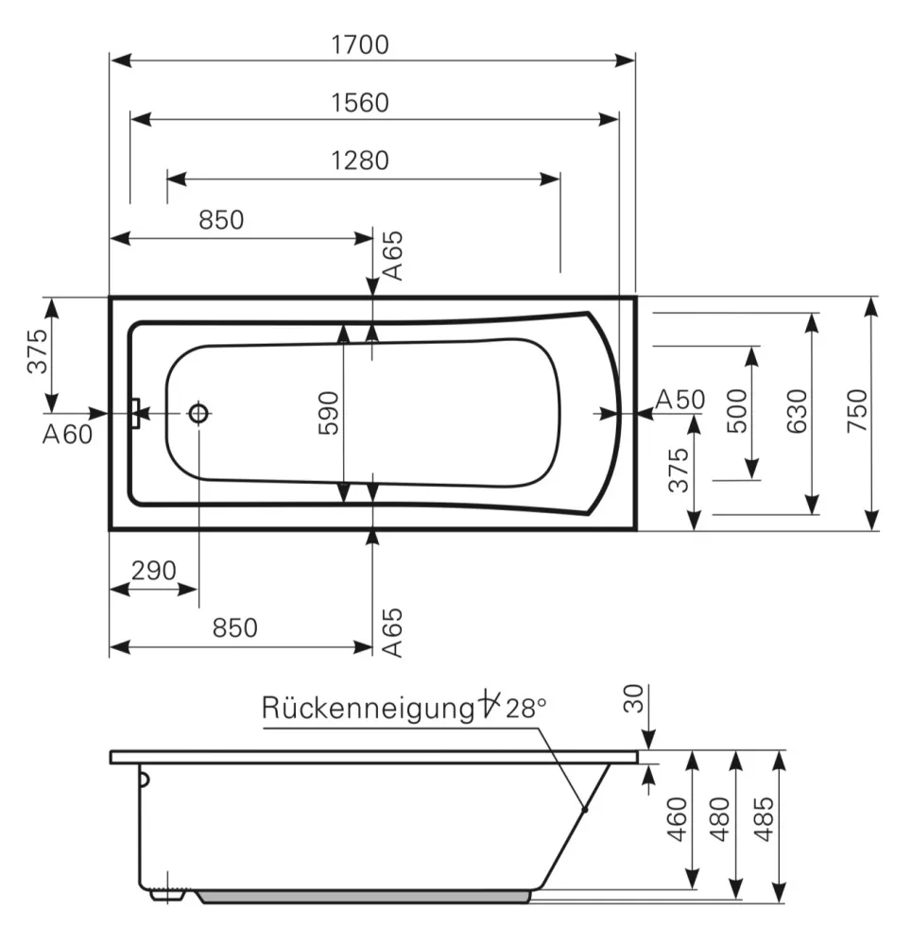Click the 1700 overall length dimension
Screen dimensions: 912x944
(x=360, y=45)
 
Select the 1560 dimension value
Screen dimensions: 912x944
(x=360, y=103)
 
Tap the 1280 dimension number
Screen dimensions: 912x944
(x=360, y=161)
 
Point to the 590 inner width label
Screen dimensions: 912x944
(x=329, y=413)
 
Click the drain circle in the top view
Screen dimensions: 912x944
(x=198, y=414)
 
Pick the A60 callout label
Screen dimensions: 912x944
(x=67, y=435)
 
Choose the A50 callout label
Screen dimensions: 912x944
(x=680, y=399)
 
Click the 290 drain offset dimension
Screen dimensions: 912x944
(x=153, y=570)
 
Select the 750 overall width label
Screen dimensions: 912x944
(x=857, y=411)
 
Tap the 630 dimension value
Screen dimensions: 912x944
(x=797, y=411)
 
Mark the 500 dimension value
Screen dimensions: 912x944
(x=737, y=411)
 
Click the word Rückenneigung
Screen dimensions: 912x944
(x=369, y=709)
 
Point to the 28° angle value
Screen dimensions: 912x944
(x=525, y=709)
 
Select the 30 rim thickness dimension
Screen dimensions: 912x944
(x=633, y=698)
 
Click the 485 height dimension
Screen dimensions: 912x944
(x=764, y=819)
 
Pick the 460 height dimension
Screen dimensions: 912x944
(x=678, y=819)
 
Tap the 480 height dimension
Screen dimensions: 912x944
(x=720, y=819)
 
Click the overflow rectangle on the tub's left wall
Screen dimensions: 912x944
(x=136, y=414)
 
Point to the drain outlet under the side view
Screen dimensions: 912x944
(x=166, y=895)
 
